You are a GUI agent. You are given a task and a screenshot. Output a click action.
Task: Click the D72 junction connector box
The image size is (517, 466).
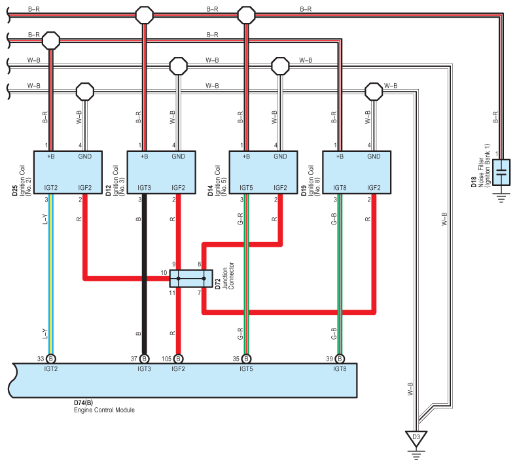pyautogui.click(x=191, y=278)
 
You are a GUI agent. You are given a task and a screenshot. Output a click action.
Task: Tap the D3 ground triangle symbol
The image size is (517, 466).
pyautogui.click(x=416, y=439)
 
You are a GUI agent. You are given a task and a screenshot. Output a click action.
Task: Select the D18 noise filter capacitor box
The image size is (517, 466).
pyautogui.click(x=501, y=172)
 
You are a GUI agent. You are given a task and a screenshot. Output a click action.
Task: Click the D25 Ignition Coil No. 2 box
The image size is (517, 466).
pyautogui.click(x=68, y=172)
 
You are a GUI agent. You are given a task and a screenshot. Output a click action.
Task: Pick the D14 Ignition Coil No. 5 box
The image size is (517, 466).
pyautogui.click(x=264, y=172)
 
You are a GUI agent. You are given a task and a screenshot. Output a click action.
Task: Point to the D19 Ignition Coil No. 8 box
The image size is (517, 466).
pyautogui.click(x=357, y=172)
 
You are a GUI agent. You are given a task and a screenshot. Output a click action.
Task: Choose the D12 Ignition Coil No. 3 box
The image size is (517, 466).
pyautogui.click(x=162, y=172)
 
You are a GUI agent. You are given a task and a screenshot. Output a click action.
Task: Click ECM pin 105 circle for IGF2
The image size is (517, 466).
pyautogui.click(x=178, y=359)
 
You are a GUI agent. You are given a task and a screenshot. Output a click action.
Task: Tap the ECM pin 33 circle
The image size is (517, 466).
pyautogui.click(x=51, y=359)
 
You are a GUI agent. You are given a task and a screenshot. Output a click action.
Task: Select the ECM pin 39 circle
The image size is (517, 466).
pyautogui.click(x=340, y=359)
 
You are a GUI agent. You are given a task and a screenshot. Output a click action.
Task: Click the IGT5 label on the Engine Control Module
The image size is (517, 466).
pyautogui.click(x=246, y=368)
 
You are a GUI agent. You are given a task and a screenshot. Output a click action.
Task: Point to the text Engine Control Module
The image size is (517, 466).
pyautogui.click(x=104, y=410)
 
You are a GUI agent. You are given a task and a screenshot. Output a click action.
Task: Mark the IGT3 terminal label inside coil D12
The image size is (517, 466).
pyautogui.click(x=144, y=188)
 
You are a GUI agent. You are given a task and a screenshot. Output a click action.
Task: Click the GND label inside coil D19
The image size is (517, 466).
pyautogui.click(x=374, y=156)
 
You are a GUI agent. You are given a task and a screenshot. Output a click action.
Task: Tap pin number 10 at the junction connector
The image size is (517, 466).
pyautogui.click(x=164, y=273)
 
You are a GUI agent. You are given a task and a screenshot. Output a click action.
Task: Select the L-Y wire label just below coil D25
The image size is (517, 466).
pyautogui.click(x=45, y=219)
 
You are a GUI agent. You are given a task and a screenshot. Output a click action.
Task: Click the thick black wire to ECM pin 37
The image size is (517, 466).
pyautogui.click(x=144, y=274)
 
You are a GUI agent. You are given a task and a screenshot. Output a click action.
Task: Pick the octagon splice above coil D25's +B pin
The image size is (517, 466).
pyautogui.click(x=51, y=41)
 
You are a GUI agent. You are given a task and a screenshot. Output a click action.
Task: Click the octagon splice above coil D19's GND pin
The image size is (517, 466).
pyautogui.click(x=374, y=92)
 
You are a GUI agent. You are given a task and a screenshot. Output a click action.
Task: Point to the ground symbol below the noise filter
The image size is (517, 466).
pyautogui.click(x=501, y=198)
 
